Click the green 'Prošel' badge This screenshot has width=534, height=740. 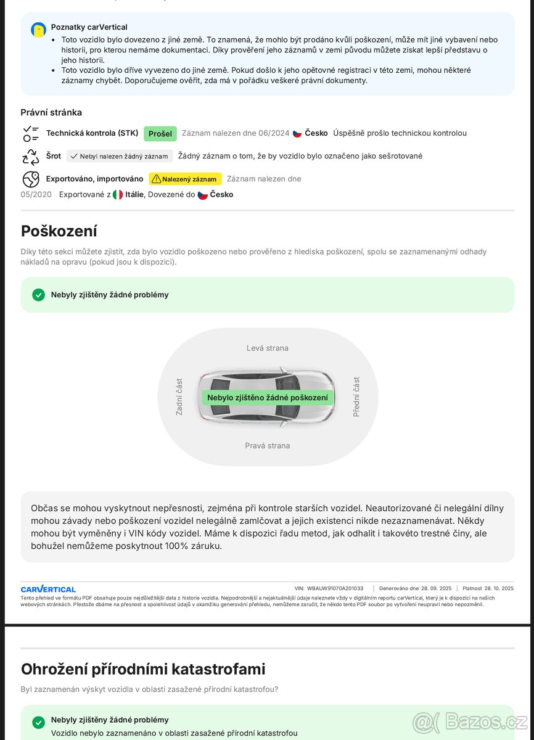[160, 134]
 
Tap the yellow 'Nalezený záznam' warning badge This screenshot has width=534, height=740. [185, 179]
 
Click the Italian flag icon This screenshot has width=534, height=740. [118, 195]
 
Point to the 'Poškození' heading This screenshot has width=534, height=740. [59, 231]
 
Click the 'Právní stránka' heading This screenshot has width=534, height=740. [51, 112]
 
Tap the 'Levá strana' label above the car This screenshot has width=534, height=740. [267, 348]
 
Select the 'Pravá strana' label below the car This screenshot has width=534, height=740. [267, 446]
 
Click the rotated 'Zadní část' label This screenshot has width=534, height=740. [179, 397]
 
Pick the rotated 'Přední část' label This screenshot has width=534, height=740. [356, 397]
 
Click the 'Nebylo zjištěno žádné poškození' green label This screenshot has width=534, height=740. [268, 398]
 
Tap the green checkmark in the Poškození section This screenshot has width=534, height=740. [39, 295]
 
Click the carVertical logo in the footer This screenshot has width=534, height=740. [48, 589]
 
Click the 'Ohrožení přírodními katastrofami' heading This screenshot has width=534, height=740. [143, 669]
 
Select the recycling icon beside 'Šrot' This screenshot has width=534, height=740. [31, 157]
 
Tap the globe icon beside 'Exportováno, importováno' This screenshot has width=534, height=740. [31, 179]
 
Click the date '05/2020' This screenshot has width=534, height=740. [36, 194]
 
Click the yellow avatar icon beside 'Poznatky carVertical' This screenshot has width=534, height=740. [38, 29]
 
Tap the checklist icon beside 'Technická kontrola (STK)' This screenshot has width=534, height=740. [31, 133]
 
